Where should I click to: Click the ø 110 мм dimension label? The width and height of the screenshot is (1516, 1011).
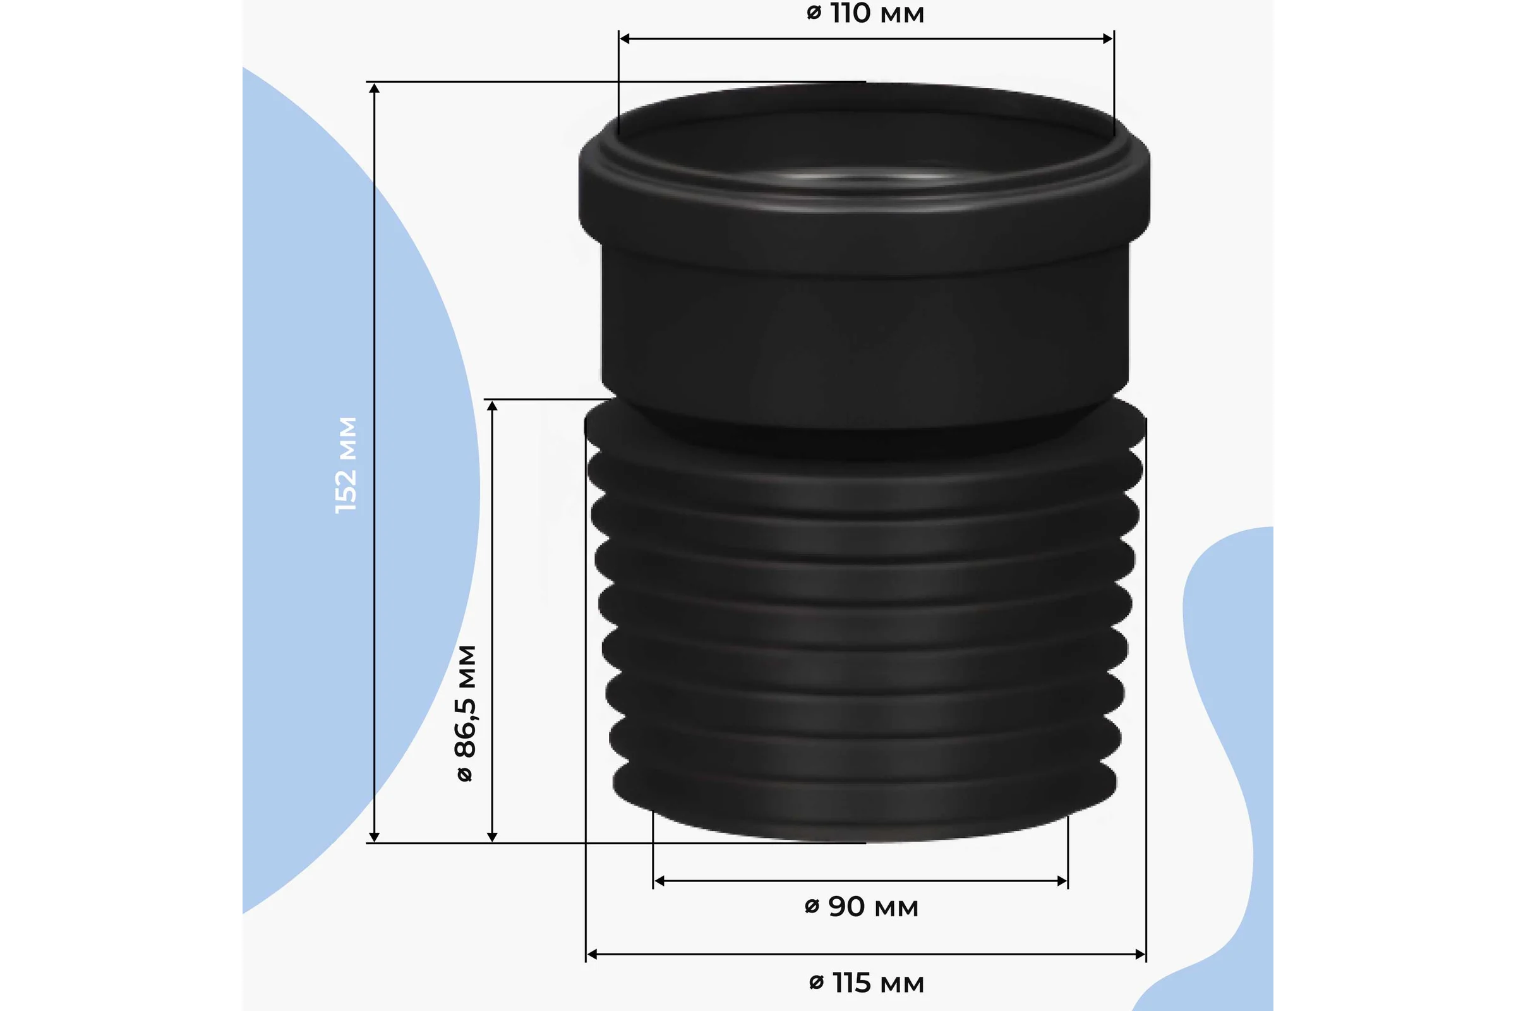[x=865, y=13]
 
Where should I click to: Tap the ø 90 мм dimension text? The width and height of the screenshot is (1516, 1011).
[x=861, y=907]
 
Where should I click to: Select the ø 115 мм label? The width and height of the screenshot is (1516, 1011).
[x=866, y=983]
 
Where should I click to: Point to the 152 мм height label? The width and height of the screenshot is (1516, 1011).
[x=346, y=465]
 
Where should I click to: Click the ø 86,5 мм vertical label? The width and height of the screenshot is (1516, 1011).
[x=466, y=713]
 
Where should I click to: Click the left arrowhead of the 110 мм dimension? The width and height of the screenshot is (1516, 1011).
[x=624, y=39]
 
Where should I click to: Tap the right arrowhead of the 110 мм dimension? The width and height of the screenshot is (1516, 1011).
[x=1108, y=39]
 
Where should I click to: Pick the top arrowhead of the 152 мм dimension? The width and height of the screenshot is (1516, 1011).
[x=375, y=88]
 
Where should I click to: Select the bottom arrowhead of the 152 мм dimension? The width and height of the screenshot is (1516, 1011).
[x=375, y=837]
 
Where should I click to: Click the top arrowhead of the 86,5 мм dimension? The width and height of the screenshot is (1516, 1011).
[x=493, y=406]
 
